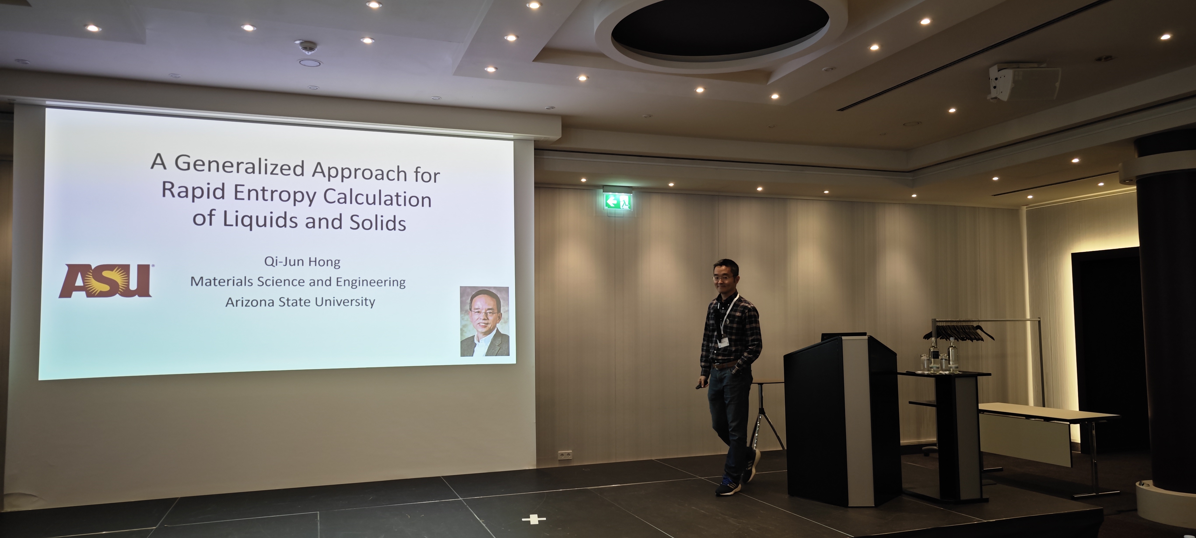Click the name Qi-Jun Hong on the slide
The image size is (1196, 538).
click(x=302, y=262)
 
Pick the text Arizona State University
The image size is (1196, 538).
click(x=300, y=302)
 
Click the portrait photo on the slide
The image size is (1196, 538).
click(x=484, y=322)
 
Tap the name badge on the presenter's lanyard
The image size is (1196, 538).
click(x=723, y=340)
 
